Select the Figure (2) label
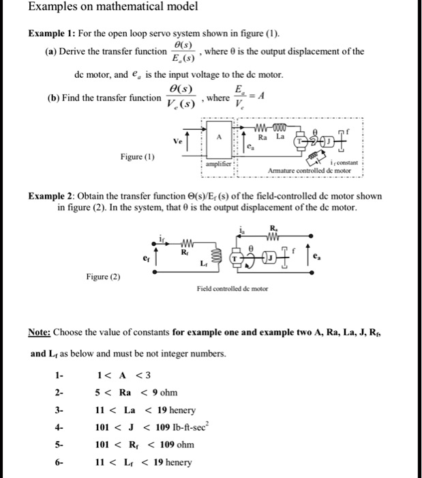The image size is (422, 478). tap(103, 277)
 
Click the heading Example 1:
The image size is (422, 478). tap(52, 34)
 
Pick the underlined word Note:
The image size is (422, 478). tap(40, 333)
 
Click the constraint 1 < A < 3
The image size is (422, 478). tap(117, 375)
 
